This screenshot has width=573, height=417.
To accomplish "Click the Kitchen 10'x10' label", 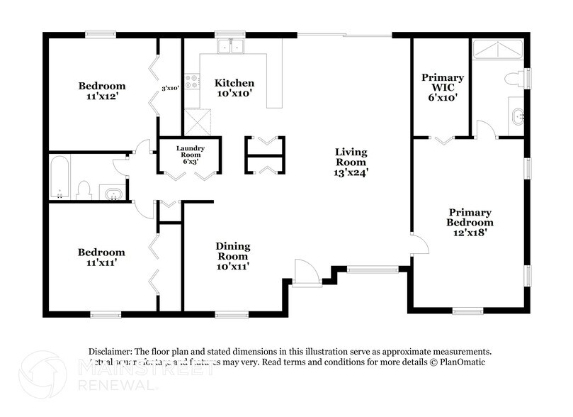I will [x=234, y=88].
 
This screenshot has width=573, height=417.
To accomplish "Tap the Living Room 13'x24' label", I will [x=351, y=162].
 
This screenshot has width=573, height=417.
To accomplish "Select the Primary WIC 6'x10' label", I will [x=442, y=87].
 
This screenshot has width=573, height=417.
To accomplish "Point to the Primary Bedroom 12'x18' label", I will [x=470, y=222].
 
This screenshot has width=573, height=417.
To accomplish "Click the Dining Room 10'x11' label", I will [x=232, y=256].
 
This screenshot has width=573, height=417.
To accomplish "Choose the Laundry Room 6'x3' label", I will [x=191, y=155].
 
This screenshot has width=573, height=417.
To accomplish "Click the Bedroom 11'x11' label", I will [x=101, y=257].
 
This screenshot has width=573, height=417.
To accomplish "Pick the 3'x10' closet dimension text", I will [x=169, y=88].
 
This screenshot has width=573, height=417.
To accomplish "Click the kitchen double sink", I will [x=230, y=47].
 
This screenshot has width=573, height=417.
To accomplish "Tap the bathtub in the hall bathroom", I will [x=59, y=177].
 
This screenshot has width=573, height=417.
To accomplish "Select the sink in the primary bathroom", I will [x=517, y=115].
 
